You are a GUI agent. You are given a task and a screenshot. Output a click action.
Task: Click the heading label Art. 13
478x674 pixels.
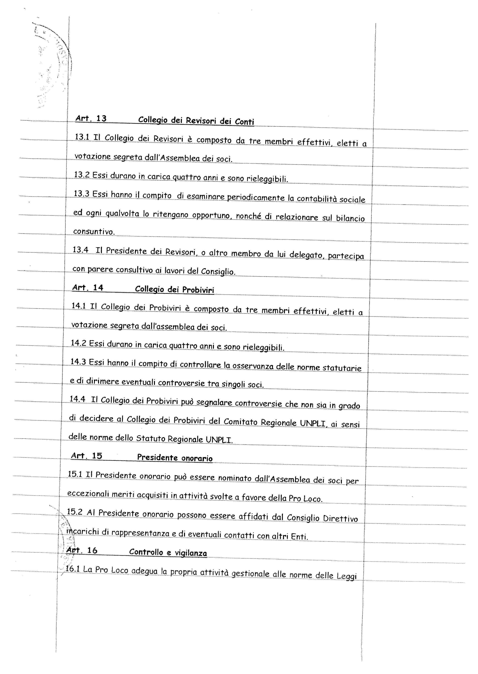tap(91, 119)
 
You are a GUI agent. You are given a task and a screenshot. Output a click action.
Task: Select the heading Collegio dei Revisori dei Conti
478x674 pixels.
tap(196, 121)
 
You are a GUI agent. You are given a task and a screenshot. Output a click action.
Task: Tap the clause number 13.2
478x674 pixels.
tap(82, 175)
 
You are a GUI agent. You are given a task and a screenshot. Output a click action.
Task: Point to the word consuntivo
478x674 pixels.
tap(94, 232)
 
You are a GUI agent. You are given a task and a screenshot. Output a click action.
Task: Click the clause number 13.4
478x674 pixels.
tap(80, 250)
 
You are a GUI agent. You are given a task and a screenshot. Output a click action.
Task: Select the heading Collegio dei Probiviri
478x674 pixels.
tap(174, 290)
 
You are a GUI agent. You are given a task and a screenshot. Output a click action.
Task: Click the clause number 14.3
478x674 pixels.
tap(78, 362)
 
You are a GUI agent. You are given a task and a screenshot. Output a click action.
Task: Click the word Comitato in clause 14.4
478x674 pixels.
tap(241, 421)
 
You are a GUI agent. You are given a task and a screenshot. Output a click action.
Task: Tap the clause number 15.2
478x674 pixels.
tap(74, 512)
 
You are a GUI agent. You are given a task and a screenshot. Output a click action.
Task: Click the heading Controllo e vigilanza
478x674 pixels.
tap(168, 552)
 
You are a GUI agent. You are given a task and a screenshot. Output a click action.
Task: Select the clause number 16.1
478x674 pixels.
tap(73, 569)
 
